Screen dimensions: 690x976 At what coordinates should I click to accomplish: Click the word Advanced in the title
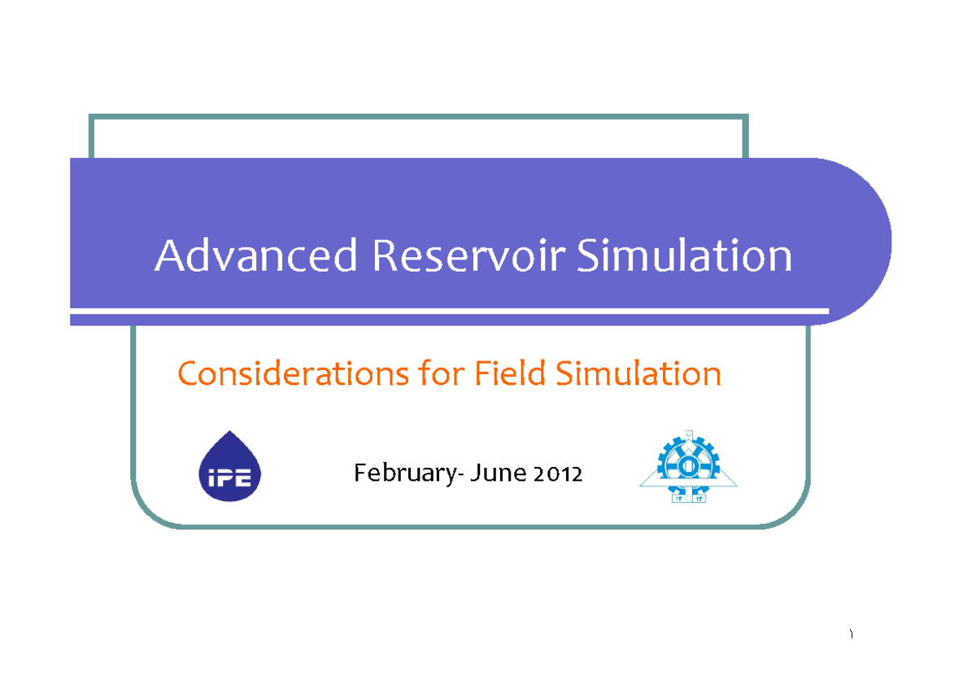click(x=256, y=256)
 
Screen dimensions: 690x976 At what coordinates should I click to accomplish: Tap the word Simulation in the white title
click(x=684, y=256)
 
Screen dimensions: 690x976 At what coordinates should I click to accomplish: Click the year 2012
click(x=558, y=473)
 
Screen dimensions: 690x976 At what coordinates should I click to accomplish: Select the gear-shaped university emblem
click(x=688, y=467)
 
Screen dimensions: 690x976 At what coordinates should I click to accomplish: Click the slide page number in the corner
click(x=851, y=635)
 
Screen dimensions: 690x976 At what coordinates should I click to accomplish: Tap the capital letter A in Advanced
click(x=169, y=256)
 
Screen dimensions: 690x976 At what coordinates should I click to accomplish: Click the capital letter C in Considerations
click(x=188, y=374)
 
